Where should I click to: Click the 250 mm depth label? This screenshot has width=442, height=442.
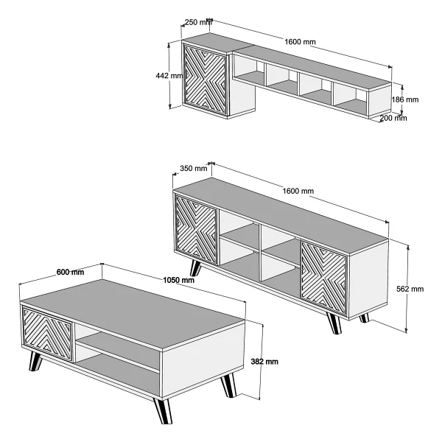(x=198, y=22)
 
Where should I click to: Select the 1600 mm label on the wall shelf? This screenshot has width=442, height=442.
(x=300, y=42)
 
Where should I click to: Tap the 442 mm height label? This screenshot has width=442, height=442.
(x=169, y=76)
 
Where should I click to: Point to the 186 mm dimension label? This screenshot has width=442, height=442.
(x=404, y=99)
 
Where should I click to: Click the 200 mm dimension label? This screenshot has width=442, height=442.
(x=393, y=118)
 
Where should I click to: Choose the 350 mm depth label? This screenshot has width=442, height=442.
(x=194, y=168)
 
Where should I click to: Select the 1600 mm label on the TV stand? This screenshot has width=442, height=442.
(x=298, y=191)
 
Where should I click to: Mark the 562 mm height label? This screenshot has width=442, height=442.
(x=410, y=289)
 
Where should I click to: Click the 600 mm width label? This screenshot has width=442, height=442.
(x=70, y=272)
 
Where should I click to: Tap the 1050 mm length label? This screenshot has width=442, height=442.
(x=179, y=280)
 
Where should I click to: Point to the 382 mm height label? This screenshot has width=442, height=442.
(x=264, y=362)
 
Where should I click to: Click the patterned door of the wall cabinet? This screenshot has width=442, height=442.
(x=206, y=80)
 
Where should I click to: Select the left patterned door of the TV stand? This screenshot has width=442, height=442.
(x=196, y=229)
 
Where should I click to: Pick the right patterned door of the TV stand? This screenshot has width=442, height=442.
(x=324, y=278)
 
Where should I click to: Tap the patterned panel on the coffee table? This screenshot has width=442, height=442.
(x=47, y=334)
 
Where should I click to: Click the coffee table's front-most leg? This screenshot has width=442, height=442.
(x=163, y=410)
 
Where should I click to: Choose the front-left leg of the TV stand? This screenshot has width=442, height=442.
(x=195, y=268)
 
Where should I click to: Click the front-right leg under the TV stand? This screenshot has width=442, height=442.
(x=334, y=323)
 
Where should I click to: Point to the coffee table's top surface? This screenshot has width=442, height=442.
(x=132, y=315)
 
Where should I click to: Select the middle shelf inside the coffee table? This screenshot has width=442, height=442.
(x=119, y=351)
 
